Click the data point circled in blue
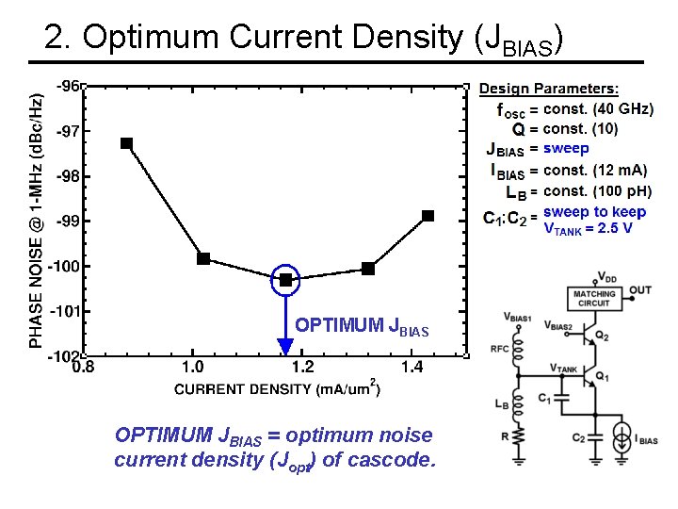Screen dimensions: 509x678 tap(285, 280)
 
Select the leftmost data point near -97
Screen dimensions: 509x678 tap(126, 143)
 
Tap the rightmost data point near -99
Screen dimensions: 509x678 tap(428, 216)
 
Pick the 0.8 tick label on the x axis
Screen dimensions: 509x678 tap(82, 367)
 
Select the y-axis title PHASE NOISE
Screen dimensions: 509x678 tap(37, 221)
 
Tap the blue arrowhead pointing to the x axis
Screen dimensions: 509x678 tap(285, 346)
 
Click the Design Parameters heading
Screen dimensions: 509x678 tap(549, 89)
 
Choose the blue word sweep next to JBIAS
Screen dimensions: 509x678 tap(566, 148)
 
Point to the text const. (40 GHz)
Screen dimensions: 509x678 tap(598, 109)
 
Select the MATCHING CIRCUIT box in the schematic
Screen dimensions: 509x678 tap(594, 299)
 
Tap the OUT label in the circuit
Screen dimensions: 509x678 tap(640, 290)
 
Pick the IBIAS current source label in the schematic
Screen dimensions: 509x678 tap(646, 440)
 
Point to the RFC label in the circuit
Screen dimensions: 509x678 tap(499, 349)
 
